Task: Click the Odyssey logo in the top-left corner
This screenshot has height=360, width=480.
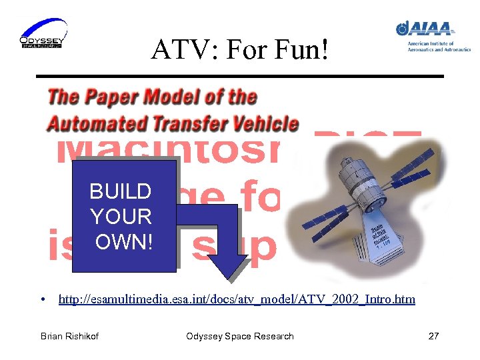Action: (43, 33)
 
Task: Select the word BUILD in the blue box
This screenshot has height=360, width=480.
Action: (120, 192)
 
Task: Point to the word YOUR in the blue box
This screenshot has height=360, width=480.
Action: (121, 217)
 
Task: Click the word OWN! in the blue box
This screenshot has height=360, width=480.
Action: (124, 241)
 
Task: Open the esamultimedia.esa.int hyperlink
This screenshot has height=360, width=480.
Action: (237, 299)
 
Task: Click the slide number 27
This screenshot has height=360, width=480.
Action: (433, 336)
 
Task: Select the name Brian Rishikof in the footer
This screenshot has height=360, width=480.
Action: (69, 336)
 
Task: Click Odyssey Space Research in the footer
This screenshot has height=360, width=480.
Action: (239, 336)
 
